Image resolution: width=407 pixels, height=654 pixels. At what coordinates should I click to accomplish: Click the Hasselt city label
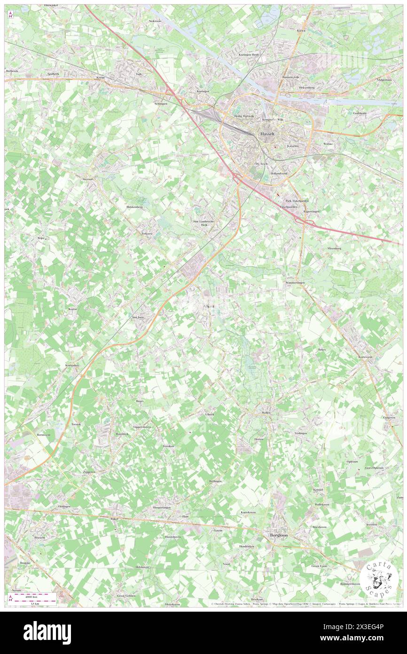(x=267, y=134)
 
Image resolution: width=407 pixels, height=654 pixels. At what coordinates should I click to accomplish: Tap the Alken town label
(x=208, y=306)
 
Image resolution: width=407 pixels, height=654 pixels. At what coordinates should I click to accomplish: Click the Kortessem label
(x=365, y=357)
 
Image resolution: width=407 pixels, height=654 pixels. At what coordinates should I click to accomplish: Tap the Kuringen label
(x=203, y=91)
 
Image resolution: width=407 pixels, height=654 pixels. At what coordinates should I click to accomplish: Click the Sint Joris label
(x=138, y=317)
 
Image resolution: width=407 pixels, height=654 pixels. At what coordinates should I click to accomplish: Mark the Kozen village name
(x=72, y=309)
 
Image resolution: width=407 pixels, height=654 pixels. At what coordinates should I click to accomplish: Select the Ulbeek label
(x=210, y=414)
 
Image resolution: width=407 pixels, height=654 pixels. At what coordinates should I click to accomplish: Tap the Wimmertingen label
(x=295, y=283)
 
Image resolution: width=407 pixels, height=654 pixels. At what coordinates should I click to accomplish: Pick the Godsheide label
(x=360, y=113)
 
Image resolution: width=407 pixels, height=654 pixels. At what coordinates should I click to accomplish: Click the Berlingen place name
(x=215, y=481)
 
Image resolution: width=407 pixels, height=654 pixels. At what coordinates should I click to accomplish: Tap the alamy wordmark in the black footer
(x=47, y=633)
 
